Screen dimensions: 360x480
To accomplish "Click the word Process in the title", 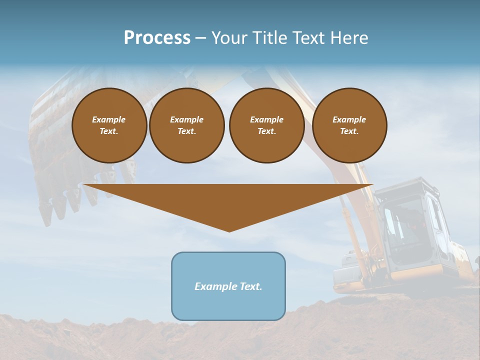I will click(x=157, y=38).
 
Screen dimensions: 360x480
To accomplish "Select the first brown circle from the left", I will click(x=109, y=125).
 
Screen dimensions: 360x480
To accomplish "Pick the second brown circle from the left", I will click(x=186, y=125).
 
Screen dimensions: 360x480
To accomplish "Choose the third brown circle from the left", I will click(x=266, y=125).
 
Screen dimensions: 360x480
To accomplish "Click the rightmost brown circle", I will click(x=349, y=125).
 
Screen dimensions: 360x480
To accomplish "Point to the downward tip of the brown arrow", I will click(x=229, y=230).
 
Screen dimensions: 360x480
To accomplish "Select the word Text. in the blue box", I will click(x=250, y=286).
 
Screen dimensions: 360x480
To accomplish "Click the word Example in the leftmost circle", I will click(x=109, y=119).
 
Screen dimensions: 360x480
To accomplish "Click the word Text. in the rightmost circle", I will click(x=349, y=131).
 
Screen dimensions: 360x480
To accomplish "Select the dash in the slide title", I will click(x=200, y=38).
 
